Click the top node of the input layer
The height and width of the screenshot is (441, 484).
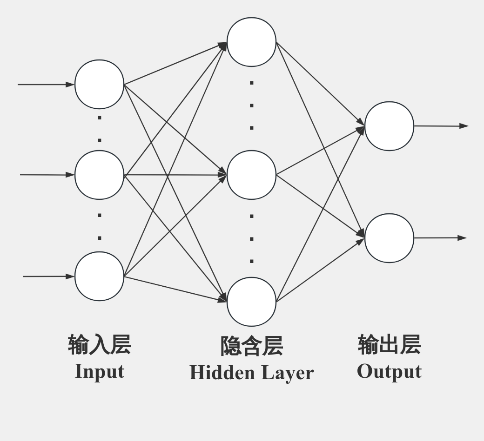(99, 85)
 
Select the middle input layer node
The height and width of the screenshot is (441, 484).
(99, 175)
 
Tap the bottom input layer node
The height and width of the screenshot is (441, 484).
(99, 276)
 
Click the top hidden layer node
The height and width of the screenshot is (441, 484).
(251, 42)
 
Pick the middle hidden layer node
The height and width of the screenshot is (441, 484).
(251, 175)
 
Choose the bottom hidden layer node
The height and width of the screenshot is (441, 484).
(251, 302)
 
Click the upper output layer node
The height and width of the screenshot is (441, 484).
(389, 126)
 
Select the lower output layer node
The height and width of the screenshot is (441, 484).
(389, 238)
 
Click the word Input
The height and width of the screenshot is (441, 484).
(99, 372)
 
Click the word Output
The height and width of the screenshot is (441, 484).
(389, 372)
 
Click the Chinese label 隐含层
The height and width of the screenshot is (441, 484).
(251, 346)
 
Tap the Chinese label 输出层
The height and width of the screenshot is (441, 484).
(389, 344)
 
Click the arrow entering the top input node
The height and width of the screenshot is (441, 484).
(46, 85)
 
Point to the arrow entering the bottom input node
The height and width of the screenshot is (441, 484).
(48, 276)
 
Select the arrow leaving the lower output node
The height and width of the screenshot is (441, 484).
(440, 238)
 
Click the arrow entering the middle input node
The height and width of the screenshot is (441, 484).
(47, 175)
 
